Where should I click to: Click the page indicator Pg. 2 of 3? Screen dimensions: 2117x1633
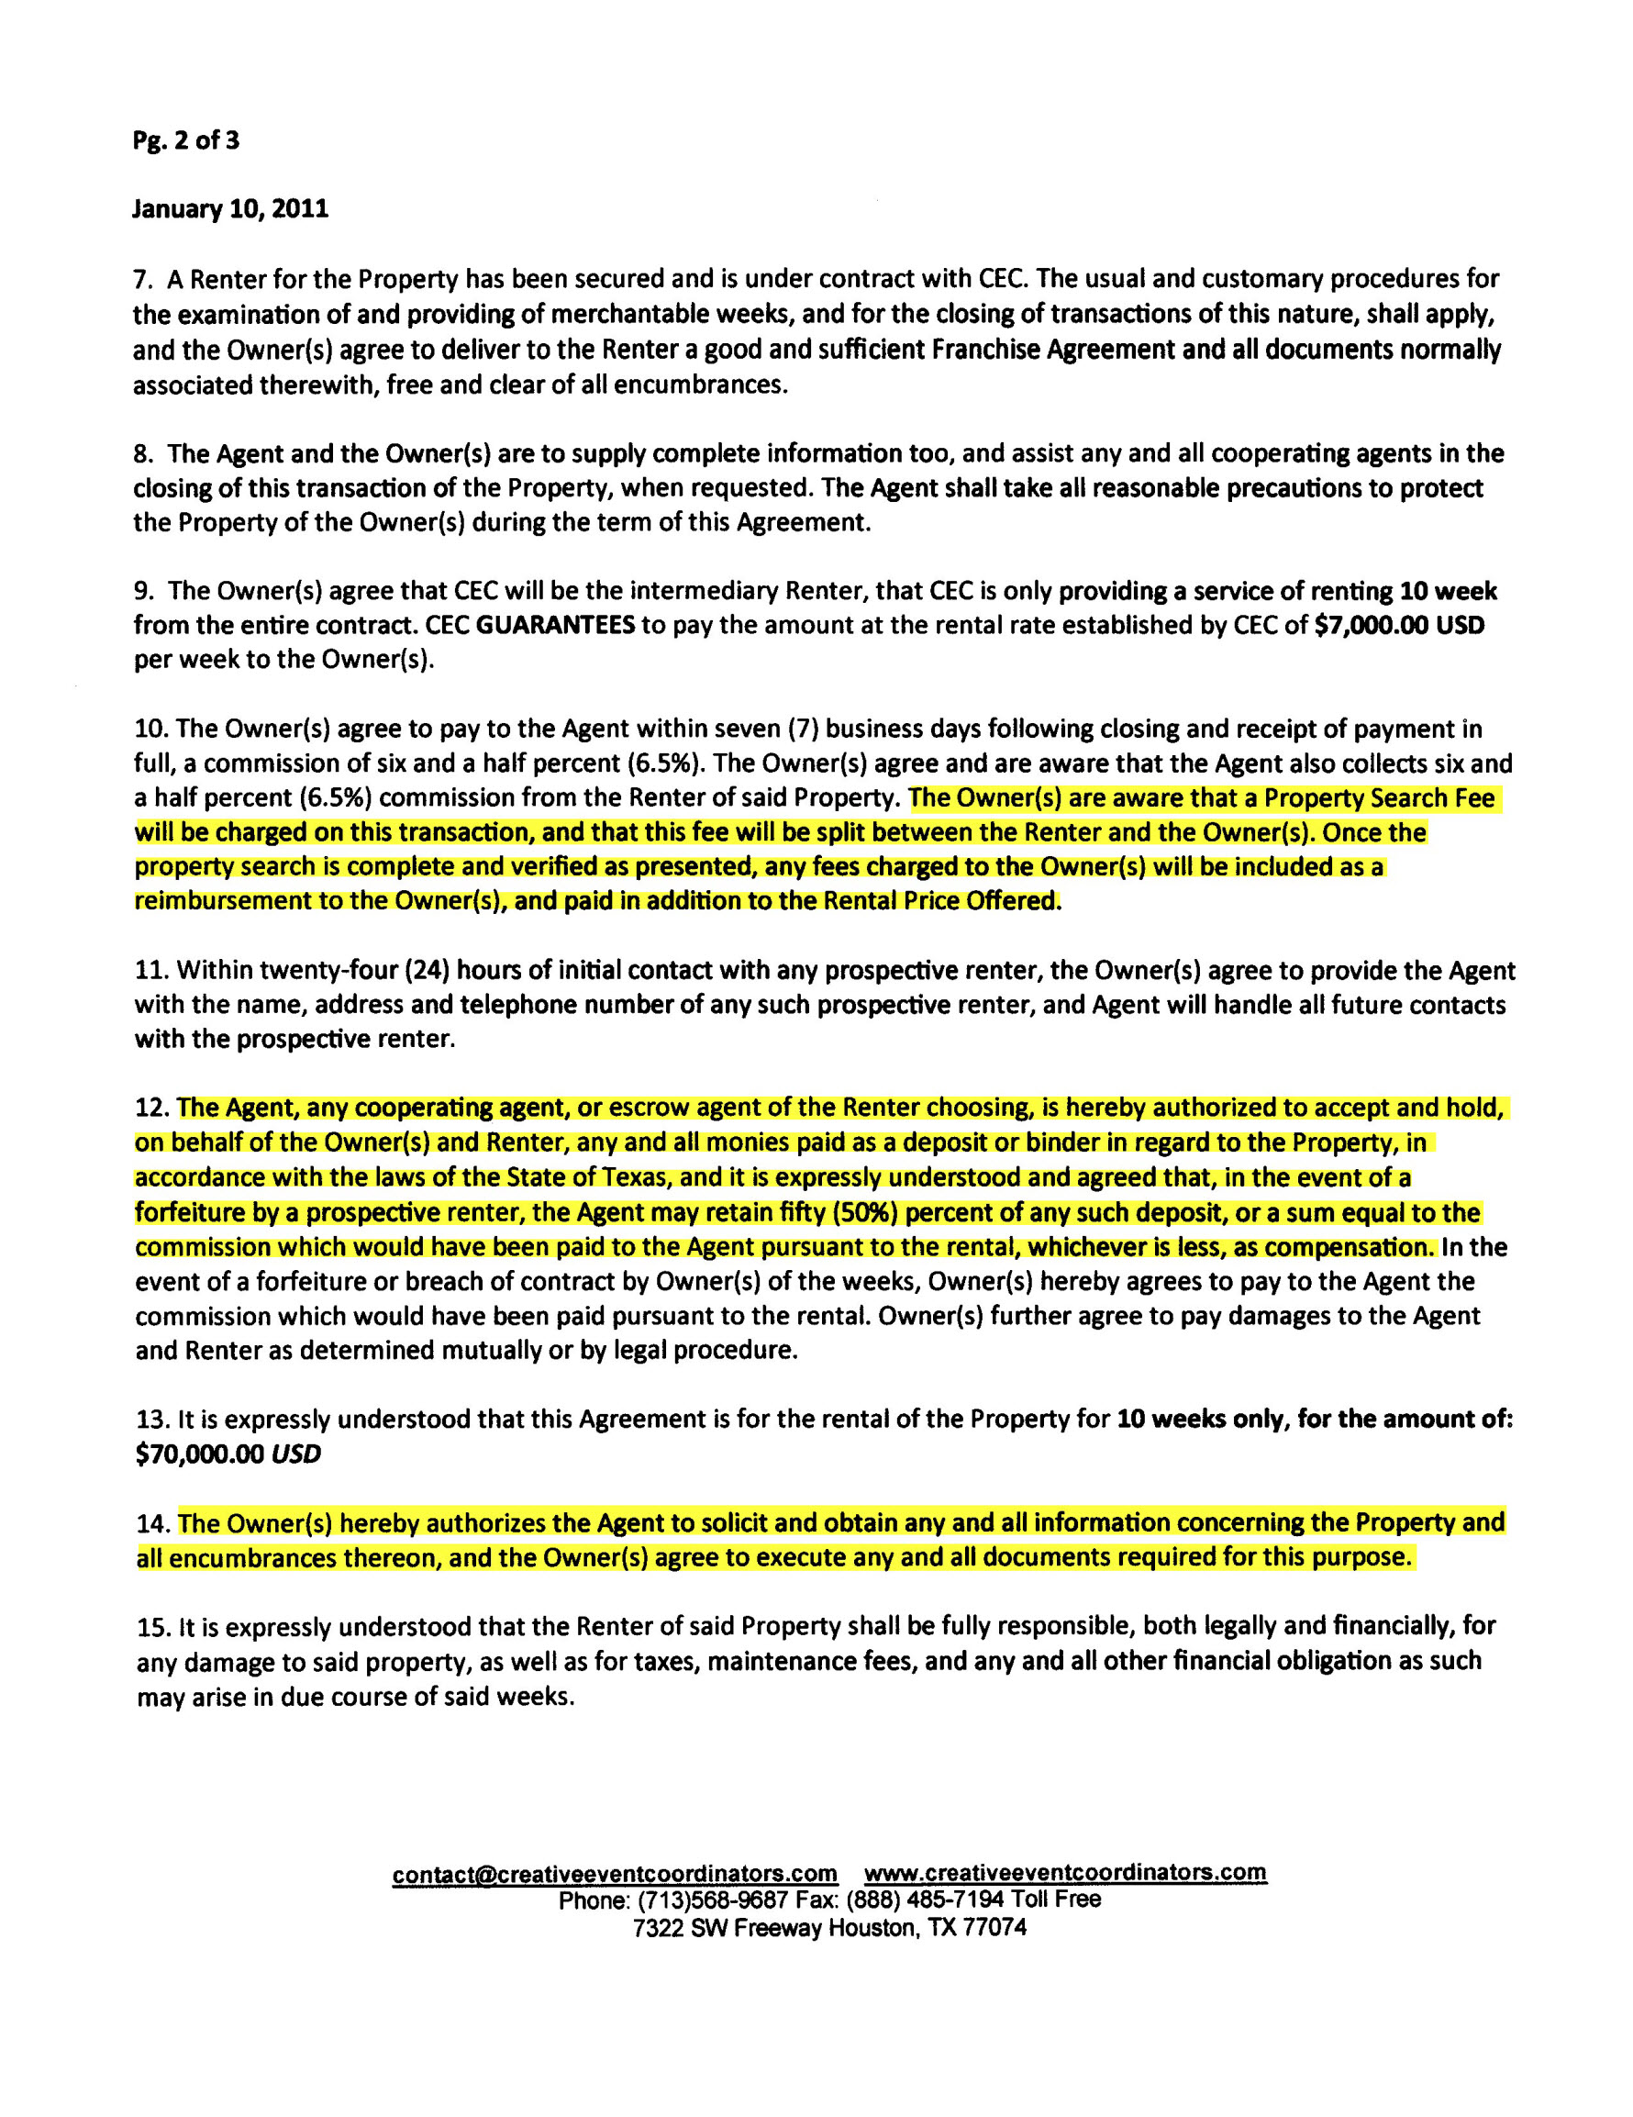186,141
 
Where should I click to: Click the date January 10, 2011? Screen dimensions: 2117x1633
230,209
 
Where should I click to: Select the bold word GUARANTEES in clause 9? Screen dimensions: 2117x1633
556,625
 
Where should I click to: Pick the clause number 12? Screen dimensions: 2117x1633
153,1108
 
